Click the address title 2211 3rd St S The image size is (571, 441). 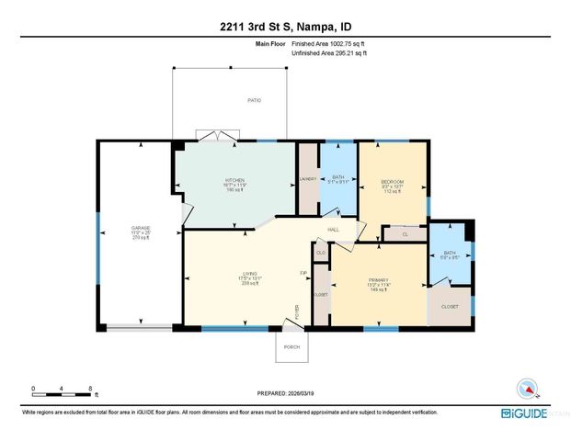pyautogui.click(x=285, y=27)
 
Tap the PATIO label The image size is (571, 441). pyautogui.click(x=254, y=100)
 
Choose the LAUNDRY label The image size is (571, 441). pyautogui.click(x=308, y=179)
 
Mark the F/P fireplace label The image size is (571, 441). pyautogui.click(x=303, y=273)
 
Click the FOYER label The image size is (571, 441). pyautogui.click(x=297, y=310)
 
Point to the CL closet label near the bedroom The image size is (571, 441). pyautogui.click(x=405, y=235)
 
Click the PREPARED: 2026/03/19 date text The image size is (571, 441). pyautogui.click(x=285, y=393)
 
